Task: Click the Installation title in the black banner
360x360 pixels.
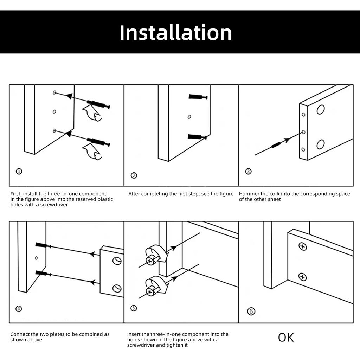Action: (x=175, y=33)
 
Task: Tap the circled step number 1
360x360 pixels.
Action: (x=19, y=171)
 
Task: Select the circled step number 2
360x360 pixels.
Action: (x=134, y=175)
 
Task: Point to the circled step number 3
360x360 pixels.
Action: (x=249, y=171)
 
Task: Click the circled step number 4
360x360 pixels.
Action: (x=19, y=309)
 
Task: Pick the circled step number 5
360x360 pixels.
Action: (x=134, y=308)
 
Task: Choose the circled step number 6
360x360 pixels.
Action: (x=251, y=311)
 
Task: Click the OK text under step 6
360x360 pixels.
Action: (x=286, y=337)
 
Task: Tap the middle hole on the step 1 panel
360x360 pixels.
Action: (x=54, y=111)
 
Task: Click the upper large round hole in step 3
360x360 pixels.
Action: (x=321, y=110)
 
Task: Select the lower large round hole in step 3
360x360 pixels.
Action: (x=321, y=144)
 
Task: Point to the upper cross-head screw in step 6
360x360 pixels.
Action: (x=303, y=246)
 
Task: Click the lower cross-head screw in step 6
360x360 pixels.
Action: (x=302, y=277)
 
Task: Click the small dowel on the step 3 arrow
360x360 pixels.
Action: (x=276, y=145)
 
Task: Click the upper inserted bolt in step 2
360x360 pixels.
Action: (x=198, y=97)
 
